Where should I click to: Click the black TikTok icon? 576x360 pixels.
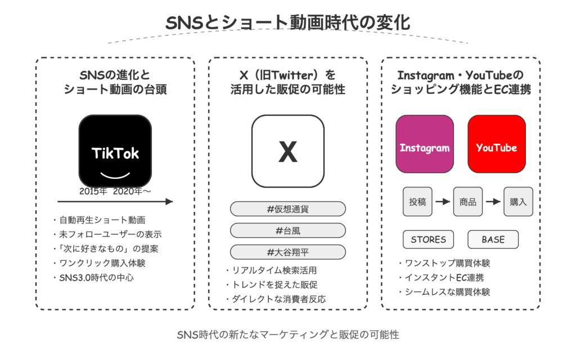pyautogui.click(x=115, y=151)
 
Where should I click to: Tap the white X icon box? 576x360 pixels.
pyautogui.click(x=288, y=151)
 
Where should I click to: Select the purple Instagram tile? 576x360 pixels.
pyautogui.click(x=425, y=143)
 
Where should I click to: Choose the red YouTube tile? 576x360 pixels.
pyautogui.click(x=497, y=143)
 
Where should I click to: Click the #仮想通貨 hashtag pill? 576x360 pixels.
pyautogui.click(x=288, y=209)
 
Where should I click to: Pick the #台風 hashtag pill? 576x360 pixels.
pyautogui.click(x=288, y=231)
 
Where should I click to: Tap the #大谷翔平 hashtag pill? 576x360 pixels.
pyautogui.click(x=288, y=253)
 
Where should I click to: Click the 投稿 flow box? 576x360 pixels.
pyautogui.click(x=418, y=202)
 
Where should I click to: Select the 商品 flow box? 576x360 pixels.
pyautogui.click(x=468, y=202)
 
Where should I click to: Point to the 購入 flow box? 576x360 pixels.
pyautogui.click(x=518, y=202)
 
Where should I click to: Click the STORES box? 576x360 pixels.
pyautogui.click(x=428, y=240)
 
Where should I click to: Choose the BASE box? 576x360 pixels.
pyautogui.click(x=493, y=240)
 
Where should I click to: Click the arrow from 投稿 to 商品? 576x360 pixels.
pyautogui.click(x=443, y=202)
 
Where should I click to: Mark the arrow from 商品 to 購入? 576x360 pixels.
pyautogui.click(x=493, y=202)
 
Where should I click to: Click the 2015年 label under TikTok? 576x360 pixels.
pyautogui.click(x=93, y=191)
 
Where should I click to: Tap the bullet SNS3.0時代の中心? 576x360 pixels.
pyautogui.click(x=94, y=278)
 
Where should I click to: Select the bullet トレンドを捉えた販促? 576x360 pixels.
pyautogui.click(x=272, y=285)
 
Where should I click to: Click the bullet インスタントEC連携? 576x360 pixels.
pyautogui.click(x=442, y=278)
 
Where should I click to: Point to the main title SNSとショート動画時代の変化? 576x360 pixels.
pyautogui.click(x=288, y=22)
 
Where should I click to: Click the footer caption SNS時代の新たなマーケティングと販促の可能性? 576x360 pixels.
pyautogui.click(x=288, y=335)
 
